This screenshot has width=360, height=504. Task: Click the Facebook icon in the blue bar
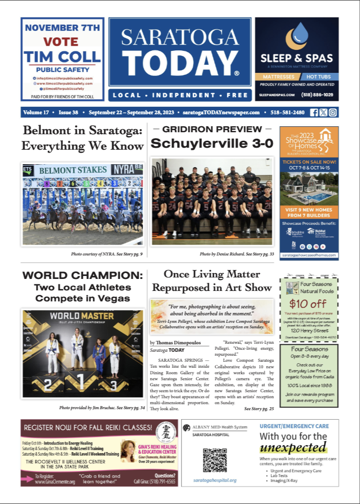click(x=314, y=112)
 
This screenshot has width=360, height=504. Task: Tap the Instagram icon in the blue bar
click(x=333, y=112)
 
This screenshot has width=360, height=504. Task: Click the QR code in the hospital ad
click(x=215, y=460)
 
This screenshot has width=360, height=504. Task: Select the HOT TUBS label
click(x=319, y=77)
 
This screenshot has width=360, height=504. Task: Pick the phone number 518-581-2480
click(x=287, y=113)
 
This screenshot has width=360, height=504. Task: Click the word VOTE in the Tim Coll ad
click(x=60, y=41)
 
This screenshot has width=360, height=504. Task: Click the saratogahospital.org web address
click(x=215, y=480)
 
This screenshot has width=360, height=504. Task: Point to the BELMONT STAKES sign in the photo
click(x=73, y=170)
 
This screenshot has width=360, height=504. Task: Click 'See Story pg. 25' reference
click(x=259, y=409)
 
